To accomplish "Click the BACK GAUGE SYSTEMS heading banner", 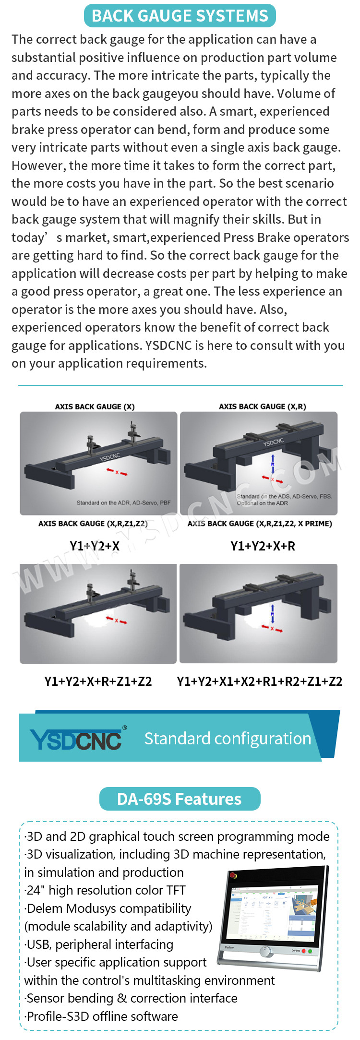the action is pyautogui.click(x=180, y=15).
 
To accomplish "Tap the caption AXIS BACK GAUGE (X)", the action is pyautogui.click(x=95, y=406).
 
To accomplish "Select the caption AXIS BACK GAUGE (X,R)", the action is pyautogui.click(x=262, y=406).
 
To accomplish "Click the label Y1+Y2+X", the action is pyautogui.click(x=95, y=546).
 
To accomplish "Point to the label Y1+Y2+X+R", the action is pyautogui.click(x=263, y=546).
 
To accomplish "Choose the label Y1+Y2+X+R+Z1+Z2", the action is pyautogui.click(x=98, y=681).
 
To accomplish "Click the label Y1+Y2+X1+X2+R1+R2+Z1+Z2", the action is pyautogui.click(x=260, y=681).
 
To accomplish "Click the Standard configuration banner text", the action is pyautogui.click(x=228, y=739).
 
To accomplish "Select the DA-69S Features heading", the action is pyautogui.click(x=180, y=799).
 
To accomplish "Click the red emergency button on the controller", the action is pyautogui.click(x=233, y=874).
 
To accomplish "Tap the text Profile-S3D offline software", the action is pyautogui.click(x=101, y=1016).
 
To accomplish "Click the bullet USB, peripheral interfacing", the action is pyautogui.click(x=99, y=944).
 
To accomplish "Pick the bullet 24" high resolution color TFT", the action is pyautogui.click(x=105, y=890).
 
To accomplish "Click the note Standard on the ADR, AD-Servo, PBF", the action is pyautogui.click(x=123, y=503).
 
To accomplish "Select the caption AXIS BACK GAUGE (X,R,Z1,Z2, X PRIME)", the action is pyautogui.click(x=260, y=524).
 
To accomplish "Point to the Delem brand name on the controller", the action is pyautogui.click(x=229, y=947).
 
